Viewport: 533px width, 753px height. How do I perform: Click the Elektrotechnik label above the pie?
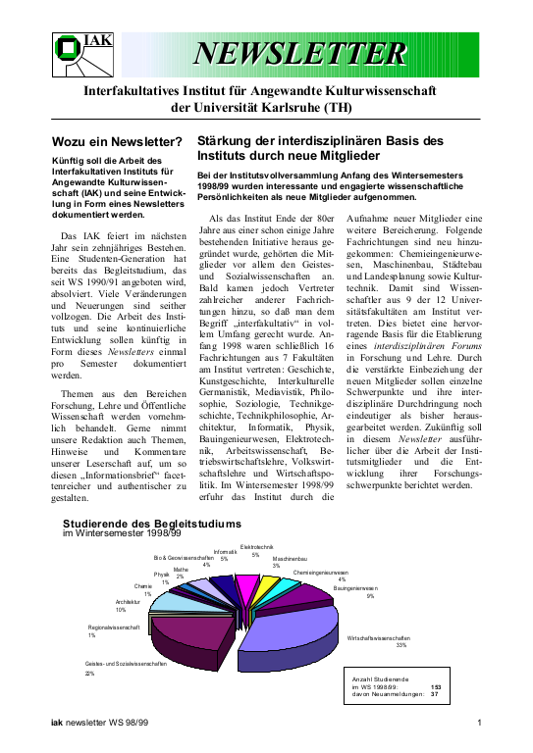pos(256,546)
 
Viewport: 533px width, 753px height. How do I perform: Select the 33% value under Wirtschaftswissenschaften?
pos(400,645)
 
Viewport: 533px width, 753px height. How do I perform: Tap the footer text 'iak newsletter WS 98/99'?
pos(101,725)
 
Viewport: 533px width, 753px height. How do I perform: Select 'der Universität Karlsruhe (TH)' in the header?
pos(262,107)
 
